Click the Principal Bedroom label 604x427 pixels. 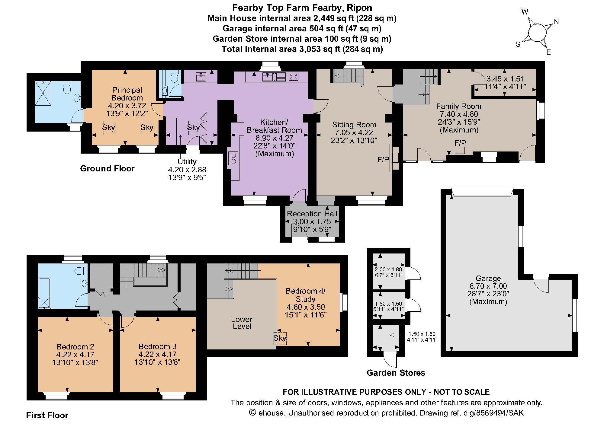127,94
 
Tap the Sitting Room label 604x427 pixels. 354,125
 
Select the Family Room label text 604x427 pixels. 459,106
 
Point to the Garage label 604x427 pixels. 488,278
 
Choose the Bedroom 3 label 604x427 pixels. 158,346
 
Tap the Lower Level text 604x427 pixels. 242,323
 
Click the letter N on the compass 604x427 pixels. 556,22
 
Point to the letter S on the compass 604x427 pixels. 518,45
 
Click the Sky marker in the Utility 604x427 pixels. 193,127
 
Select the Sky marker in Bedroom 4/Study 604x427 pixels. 280,338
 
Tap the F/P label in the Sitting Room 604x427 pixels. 384,160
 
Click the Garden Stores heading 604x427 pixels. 396,373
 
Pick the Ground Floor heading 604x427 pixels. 107,168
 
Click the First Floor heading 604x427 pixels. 47,416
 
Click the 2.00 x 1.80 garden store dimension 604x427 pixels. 388,269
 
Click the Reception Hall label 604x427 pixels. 312,214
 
